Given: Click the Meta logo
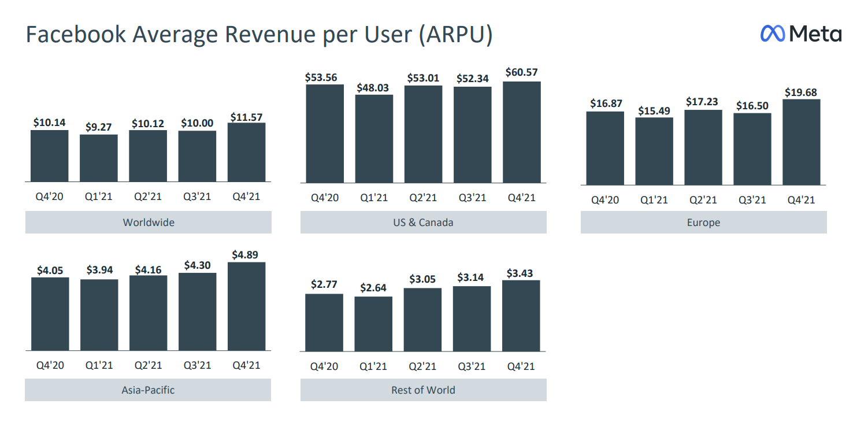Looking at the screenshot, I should pyautogui.click(x=801, y=34).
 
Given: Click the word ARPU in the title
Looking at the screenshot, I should pyautogui.click(x=452, y=35).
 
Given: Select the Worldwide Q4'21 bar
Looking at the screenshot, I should pyautogui.click(x=247, y=153).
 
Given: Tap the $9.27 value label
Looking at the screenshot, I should pyautogui.click(x=99, y=127).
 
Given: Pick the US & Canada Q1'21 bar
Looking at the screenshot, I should pyautogui.click(x=374, y=139).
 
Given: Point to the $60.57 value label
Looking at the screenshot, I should pyautogui.click(x=521, y=72).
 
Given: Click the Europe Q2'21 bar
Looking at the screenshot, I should pyautogui.click(x=703, y=147).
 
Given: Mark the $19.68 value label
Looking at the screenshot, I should pyautogui.click(x=802, y=92).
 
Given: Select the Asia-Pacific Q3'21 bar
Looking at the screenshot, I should pyautogui.click(x=198, y=312).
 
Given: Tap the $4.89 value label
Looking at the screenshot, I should pyautogui.click(x=247, y=254).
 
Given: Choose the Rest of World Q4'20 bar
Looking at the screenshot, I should pyautogui.click(x=324, y=323).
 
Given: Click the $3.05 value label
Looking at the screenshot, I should pyautogui.click(x=422, y=279).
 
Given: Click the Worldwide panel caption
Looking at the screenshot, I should pyautogui.click(x=148, y=223).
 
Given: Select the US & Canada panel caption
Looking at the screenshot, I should pyautogui.click(x=423, y=223).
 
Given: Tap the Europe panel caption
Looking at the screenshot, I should pyautogui.click(x=703, y=223).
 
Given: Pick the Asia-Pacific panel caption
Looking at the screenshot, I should pyautogui.click(x=148, y=390).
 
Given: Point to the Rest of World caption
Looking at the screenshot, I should pyautogui.click(x=423, y=390).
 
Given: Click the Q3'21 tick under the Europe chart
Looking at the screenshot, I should pyautogui.click(x=752, y=200).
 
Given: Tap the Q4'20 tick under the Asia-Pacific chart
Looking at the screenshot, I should pyautogui.click(x=50, y=365).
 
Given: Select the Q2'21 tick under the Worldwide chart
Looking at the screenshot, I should pyautogui.click(x=148, y=197).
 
